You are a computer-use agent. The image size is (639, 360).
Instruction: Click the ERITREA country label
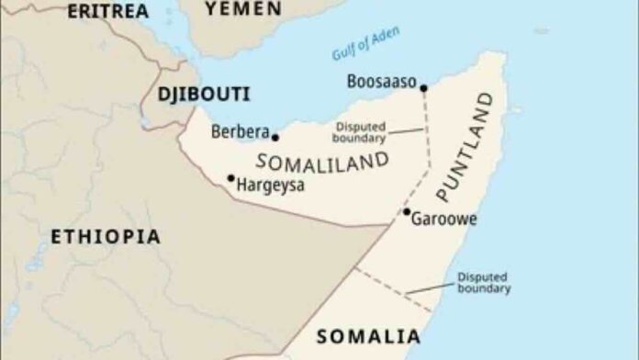109,11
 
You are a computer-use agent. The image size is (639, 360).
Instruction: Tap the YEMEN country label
243,8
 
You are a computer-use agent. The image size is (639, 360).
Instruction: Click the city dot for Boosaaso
423,88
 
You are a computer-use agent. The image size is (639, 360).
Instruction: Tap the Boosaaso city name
380,82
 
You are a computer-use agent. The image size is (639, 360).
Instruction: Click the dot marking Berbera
275,138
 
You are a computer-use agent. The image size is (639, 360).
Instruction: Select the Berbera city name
240,131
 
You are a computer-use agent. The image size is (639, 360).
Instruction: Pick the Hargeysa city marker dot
230,178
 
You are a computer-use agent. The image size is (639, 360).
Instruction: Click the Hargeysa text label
271,186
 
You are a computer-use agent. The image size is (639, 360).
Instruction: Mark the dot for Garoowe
407,212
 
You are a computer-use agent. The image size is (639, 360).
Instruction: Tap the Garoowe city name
444,219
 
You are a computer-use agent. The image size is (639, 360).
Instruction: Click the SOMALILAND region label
321,162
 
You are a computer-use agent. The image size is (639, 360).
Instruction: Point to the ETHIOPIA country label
105,237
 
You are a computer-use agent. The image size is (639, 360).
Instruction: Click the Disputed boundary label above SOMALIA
484,282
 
